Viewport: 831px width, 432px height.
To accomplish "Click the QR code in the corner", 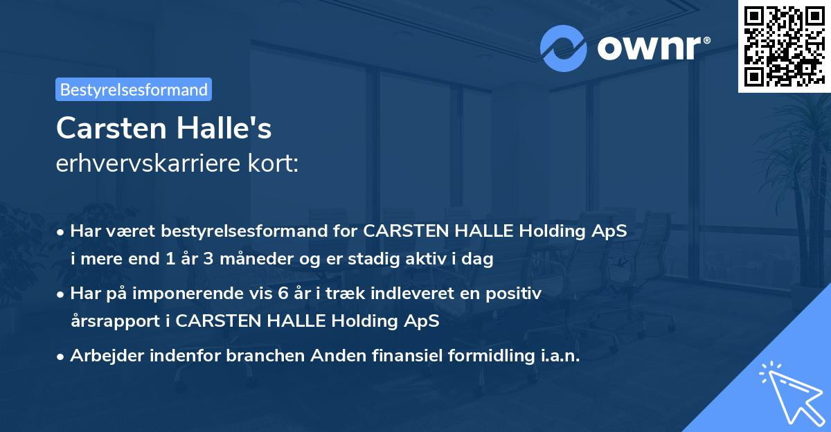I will [x=785, y=46].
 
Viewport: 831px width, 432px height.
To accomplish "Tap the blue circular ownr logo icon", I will [x=564, y=48].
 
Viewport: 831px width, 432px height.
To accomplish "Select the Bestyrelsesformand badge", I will [x=134, y=89].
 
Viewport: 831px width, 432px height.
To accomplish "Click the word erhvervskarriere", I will [x=154, y=164].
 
